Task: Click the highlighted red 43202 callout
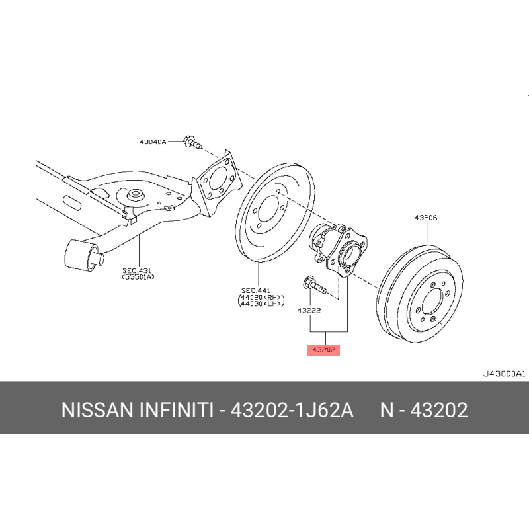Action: pos(323,350)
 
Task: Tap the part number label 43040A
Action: pos(153,142)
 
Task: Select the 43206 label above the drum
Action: pos(426,218)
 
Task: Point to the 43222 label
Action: pos(309,310)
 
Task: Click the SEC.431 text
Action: pos(137,270)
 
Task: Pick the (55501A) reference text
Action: pos(138,277)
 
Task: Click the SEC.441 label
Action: pos(255,290)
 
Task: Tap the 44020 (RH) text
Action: pos(261,297)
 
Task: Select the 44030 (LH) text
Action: pos(260,304)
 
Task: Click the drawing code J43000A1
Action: pos(504,374)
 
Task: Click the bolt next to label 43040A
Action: pos(192,142)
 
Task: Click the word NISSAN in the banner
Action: pos(97,410)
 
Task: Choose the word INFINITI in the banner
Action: pos(176,410)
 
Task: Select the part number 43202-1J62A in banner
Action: pos(292,410)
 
